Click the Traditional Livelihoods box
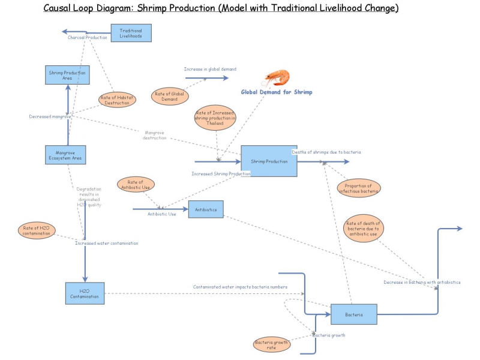[x=131, y=33]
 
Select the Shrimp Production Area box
[x=68, y=75]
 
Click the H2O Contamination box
[x=85, y=293]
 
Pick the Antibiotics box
[x=206, y=209]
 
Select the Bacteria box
[x=353, y=314]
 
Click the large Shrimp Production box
[x=269, y=161]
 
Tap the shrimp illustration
[x=278, y=77]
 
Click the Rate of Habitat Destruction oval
[x=117, y=100]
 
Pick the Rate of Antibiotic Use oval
[x=136, y=185]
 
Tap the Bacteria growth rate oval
[x=271, y=344]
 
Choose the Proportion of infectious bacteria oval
[x=359, y=188]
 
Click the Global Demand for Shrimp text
[x=277, y=92]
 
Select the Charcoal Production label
[x=88, y=38]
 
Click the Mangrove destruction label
[x=155, y=135]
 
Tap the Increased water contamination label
[x=106, y=243]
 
